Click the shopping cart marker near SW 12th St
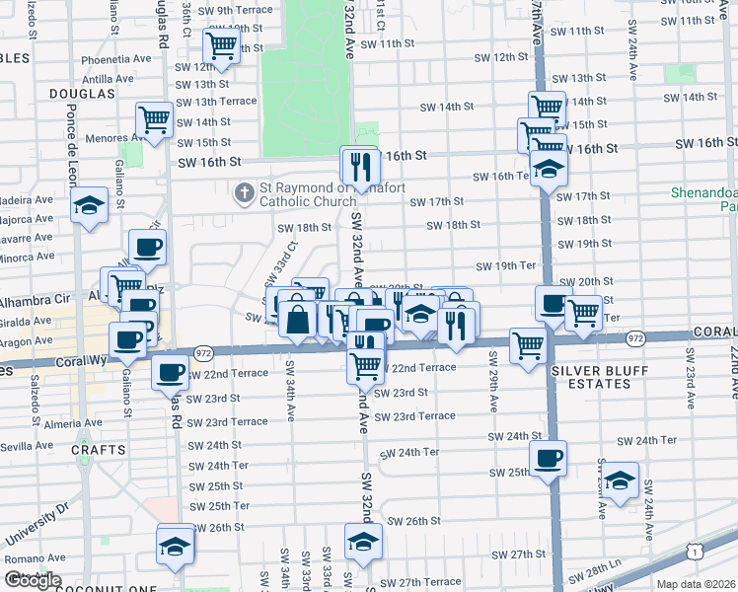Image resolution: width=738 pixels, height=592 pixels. point(222,45)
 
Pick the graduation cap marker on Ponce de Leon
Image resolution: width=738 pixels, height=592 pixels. point(90,206)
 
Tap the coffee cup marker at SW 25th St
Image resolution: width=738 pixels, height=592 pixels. point(548,458)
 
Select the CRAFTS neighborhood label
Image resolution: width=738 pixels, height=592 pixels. point(98,450)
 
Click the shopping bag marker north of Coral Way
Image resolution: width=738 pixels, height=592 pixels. point(296,320)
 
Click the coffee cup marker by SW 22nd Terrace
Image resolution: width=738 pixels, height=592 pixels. point(171,374)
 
